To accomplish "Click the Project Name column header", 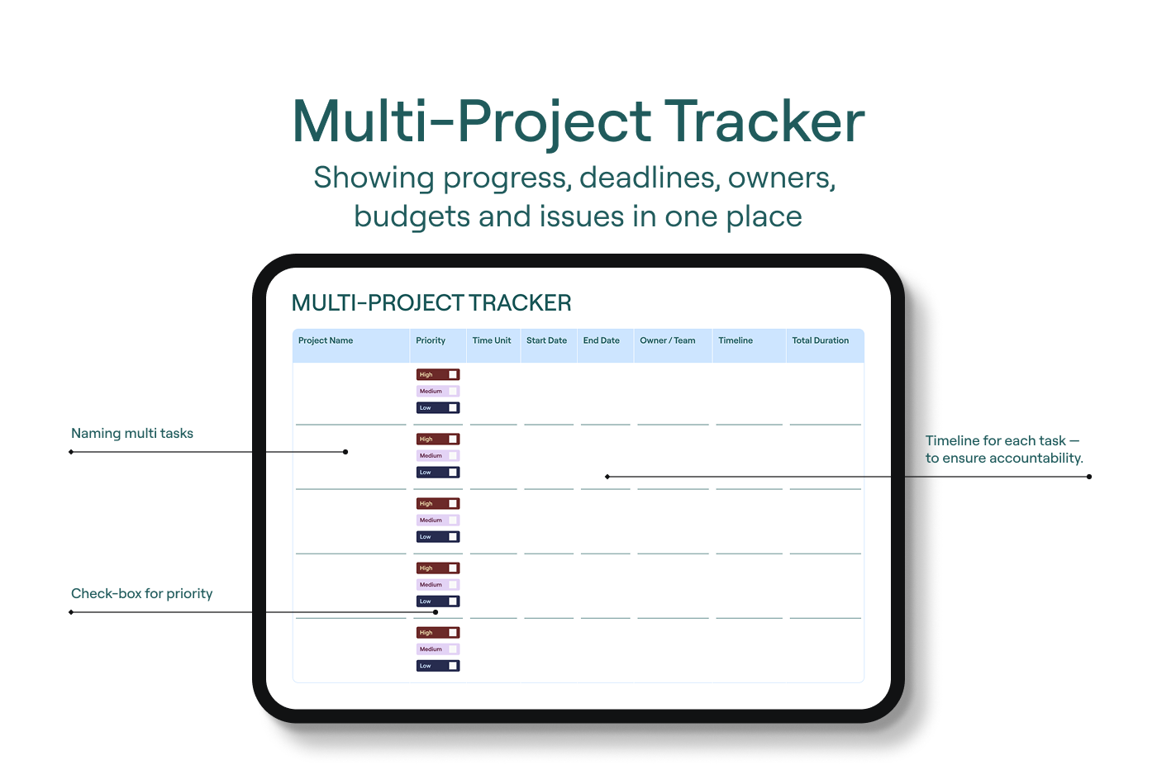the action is pos(326,340).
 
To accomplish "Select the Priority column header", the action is pos(431,340).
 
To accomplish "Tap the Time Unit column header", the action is pos(491,340).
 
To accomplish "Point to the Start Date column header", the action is pos(546,340).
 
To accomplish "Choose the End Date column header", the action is pos(602,340).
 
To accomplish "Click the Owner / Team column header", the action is pos(668,340).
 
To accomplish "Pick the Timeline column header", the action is pos(736,340).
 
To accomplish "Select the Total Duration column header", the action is pos(820,340).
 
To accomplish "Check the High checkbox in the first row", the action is pos(453,374).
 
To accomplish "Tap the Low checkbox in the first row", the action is pos(453,408).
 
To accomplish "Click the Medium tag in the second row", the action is pos(438,455).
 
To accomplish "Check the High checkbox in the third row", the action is pos(453,503).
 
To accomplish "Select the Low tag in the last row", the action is pos(438,666).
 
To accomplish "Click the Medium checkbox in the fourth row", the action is pos(453,585).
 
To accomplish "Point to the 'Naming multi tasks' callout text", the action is pos(132,433).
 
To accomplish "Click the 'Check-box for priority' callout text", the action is pos(142,593).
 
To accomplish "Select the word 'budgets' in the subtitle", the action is pos(412,216).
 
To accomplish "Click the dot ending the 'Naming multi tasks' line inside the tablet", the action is pos(345,452).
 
